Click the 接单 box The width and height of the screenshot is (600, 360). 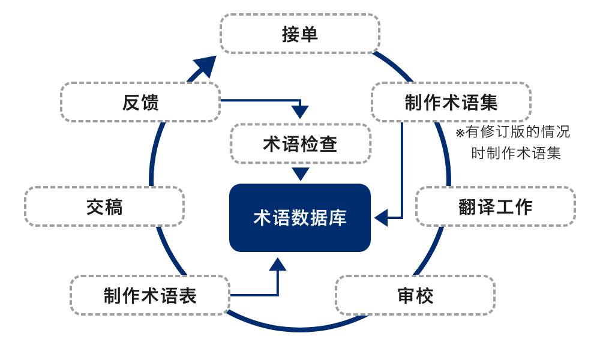click(300, 34)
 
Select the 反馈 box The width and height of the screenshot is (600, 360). click(140, 102)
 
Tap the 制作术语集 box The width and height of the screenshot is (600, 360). click(451, 102)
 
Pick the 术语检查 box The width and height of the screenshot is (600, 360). click(300, 143)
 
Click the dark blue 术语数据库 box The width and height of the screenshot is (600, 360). click(300, 218)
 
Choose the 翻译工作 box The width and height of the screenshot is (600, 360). click(495, 206)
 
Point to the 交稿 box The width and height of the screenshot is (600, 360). click(104, 206)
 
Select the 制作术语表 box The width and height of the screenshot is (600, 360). click(150, 295)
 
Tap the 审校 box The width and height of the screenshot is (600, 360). click(415, 295)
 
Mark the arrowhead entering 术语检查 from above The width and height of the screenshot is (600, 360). click(300, 112)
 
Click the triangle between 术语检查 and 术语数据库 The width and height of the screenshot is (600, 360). click(301, 173)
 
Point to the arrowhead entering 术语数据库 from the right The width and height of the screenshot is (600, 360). click(381, 218)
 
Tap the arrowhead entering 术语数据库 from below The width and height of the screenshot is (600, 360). click(277, 265)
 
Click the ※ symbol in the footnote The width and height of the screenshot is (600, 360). click(460, 133)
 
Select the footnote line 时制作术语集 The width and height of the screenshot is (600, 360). click(516, 153)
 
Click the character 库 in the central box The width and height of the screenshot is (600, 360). click(338, 218)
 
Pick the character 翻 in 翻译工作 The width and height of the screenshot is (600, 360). click(467, 206)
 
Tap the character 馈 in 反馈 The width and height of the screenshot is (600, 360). click(150, 102)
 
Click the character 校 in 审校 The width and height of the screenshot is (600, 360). click(425, 295)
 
